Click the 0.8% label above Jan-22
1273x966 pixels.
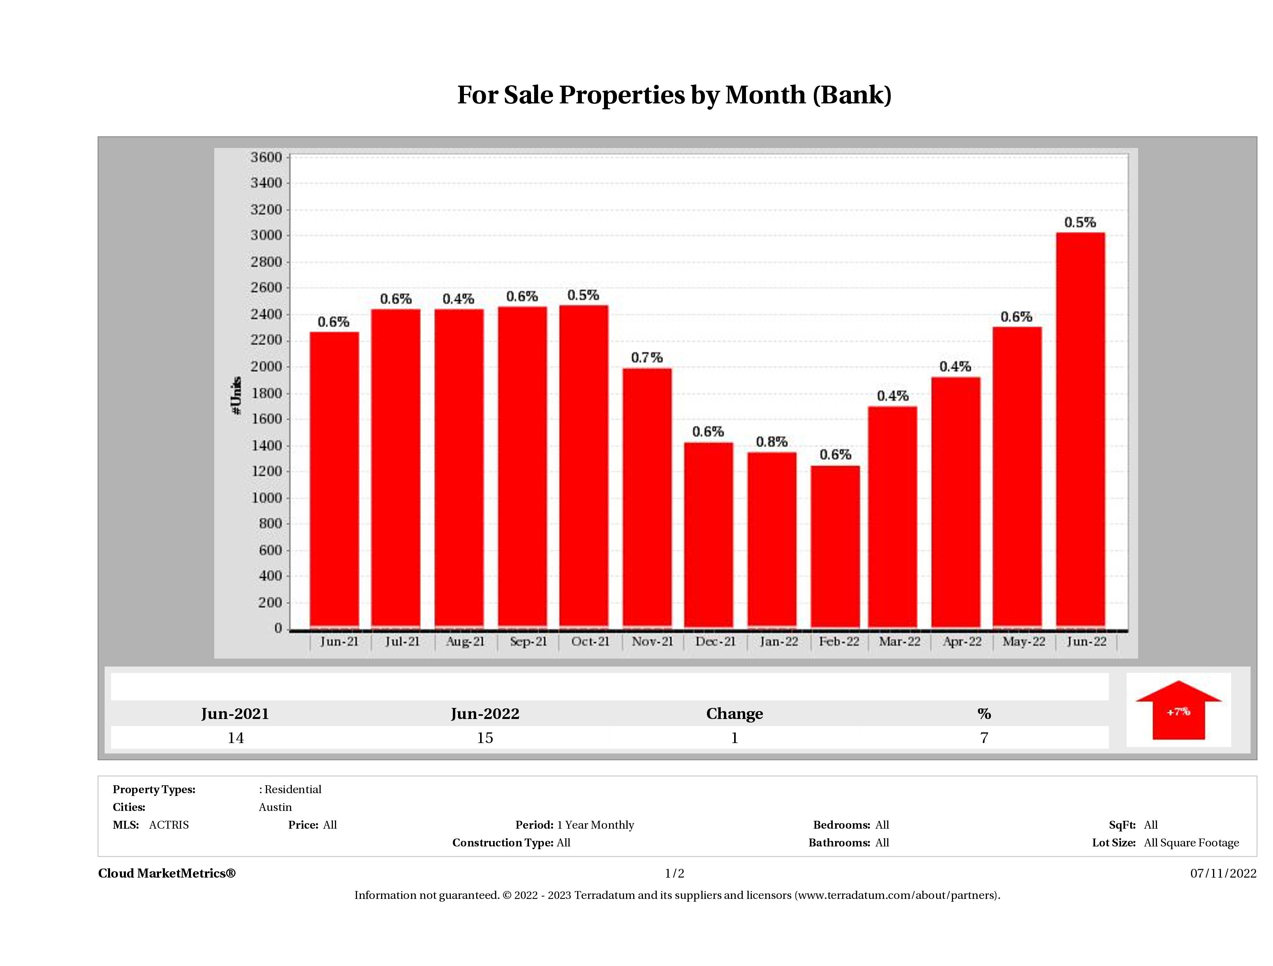coord(771,442)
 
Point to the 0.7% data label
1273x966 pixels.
coord(647,358)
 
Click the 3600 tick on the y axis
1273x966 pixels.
coord(266,157)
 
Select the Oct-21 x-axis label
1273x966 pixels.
coord(590,641)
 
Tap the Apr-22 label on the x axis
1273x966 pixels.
coord(962,641)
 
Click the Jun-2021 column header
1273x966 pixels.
coord(235,714)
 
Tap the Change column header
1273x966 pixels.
coord(735,714)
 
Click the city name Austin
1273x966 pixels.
coord(275,807)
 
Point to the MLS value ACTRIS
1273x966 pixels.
coord(168,825)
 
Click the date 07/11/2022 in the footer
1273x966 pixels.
coord(1223,873)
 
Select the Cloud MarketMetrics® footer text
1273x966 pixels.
coord(167,873)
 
